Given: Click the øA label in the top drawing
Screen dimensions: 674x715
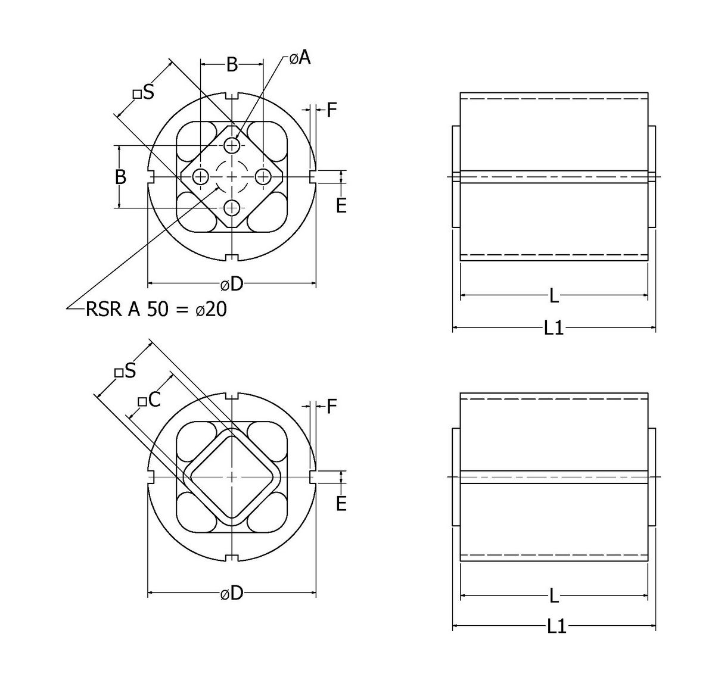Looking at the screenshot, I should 300,57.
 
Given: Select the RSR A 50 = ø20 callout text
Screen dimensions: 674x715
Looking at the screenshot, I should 156,310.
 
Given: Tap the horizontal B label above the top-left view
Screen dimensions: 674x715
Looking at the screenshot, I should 232,64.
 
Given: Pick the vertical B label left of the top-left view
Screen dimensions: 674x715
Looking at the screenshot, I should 120,177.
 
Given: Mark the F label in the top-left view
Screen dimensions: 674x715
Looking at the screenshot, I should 332,110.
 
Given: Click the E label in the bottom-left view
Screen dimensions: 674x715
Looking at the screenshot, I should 341,504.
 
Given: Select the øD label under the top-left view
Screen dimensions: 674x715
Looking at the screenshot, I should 232,285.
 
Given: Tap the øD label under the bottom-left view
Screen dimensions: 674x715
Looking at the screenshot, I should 232,593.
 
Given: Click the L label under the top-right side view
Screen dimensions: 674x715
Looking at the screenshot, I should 554,295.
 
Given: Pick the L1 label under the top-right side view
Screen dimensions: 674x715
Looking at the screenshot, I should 554,328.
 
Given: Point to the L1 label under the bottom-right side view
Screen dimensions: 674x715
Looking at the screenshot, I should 556,626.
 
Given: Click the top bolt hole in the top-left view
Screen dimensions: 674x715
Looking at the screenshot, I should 232,145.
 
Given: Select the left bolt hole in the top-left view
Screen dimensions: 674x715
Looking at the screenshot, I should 201,177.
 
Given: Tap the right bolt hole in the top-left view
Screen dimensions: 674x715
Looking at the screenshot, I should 263,177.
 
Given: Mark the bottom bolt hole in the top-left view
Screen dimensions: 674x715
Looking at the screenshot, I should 232,208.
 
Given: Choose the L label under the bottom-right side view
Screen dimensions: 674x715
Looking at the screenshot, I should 554,595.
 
